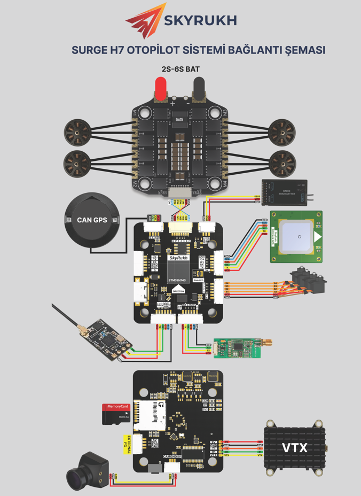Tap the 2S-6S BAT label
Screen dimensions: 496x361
(180, 69)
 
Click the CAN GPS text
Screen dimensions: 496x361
(92, 220)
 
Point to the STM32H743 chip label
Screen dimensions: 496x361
(179, 280)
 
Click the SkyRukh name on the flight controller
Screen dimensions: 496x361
(179, 258)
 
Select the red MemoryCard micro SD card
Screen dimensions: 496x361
(117, 413)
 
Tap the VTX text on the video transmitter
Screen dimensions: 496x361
(294, 448)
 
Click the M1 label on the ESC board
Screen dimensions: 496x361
(135, 113)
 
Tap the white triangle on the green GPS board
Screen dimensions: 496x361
(318, 237)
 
